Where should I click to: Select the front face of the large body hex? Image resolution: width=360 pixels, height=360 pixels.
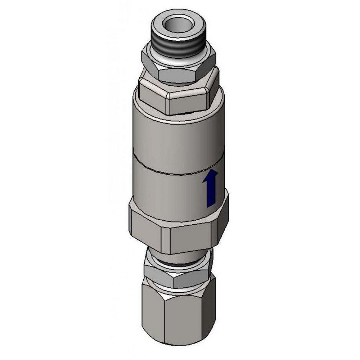pos(189,239)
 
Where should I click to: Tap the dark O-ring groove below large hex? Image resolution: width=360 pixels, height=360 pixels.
pos(176,265)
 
